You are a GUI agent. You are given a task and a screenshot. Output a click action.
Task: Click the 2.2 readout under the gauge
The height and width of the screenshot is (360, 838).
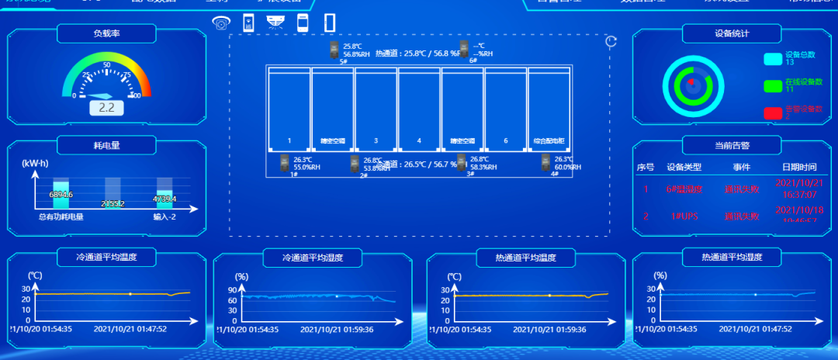point(107,108)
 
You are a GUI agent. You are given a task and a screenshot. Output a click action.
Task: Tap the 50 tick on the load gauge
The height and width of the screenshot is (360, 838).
point(106,64)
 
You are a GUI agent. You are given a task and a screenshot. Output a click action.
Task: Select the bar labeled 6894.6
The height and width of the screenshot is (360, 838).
point(61,194)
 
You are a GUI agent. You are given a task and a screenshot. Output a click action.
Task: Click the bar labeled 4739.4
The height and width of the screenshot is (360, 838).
point(164,199)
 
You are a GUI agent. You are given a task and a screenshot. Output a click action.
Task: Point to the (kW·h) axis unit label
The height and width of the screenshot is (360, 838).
point(35,163)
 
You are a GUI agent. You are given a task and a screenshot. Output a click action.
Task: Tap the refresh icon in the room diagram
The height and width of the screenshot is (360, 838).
point(611,42)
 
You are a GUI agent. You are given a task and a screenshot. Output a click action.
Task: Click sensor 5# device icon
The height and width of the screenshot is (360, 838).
point(335,49)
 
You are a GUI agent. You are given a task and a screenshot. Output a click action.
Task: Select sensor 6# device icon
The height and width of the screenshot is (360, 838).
point(464,49)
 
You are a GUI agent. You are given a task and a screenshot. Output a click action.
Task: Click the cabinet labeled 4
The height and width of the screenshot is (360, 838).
point(419,109)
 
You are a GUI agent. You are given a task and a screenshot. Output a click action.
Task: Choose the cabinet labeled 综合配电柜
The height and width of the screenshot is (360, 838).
point(549,109)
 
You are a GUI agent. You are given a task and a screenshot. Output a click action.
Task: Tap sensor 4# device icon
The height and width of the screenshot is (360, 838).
point(545,163)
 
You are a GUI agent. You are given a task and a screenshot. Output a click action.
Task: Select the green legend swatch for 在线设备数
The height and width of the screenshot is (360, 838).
point(773,85)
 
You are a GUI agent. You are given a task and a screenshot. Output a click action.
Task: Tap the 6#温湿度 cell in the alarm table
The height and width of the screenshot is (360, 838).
point(684,189)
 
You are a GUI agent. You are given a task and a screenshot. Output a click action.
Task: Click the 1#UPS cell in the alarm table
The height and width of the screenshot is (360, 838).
point(684,216)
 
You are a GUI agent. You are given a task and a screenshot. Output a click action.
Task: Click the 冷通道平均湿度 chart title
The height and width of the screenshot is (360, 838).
point(313,258)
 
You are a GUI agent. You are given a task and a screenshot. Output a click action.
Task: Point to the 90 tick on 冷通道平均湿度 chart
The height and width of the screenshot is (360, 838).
point(232,290)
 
